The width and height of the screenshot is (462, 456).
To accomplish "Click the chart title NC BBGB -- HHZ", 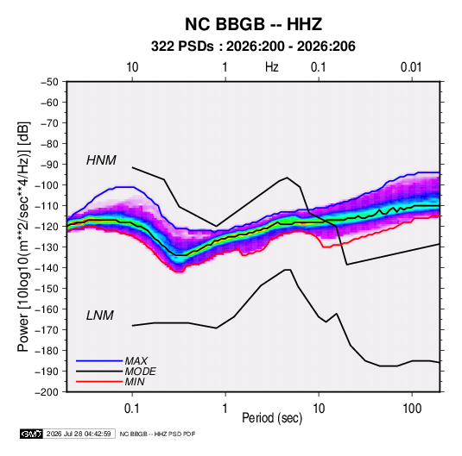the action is pyautogui.click(x=253, y=24).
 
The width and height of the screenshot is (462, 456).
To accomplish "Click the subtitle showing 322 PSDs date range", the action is pyautogui.click(x=253, y=47).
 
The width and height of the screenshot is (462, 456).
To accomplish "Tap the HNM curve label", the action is pyautogui.click(x=101, y=160).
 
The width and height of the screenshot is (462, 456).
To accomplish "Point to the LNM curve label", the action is pyautogui.click(x=100, y=315).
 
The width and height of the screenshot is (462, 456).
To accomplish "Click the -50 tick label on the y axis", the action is pyautogui.click(x=49, y=82).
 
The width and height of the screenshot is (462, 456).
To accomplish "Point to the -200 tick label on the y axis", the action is pyautogui.click(x=47, y=392).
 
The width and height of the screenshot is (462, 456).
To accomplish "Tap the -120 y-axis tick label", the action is pyautogui.click(x=47, y=227).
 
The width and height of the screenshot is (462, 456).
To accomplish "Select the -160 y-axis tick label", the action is pyautogui.click(x=47, y=309).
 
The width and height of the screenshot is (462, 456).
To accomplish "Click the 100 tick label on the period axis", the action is pyautogui.click(x=412, y=409).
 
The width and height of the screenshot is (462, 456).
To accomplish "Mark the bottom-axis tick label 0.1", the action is pyautogui.click(x=132, y=409).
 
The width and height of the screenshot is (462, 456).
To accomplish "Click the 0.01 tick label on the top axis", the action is pyautogui.click(x=411, y=67).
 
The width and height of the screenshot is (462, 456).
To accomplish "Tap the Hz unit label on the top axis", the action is pyautogui.click(x=272, y=67).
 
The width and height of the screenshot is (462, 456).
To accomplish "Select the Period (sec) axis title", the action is pyautogui.click(x=272, y=418).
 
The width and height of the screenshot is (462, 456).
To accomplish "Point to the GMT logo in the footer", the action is pyautogui.click(x=31, y=434).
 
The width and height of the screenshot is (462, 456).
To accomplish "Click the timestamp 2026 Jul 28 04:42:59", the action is pyautogui.click(x=79, y=434).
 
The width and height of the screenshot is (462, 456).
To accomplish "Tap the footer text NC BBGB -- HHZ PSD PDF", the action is pyautogui.click(x=157, y=434).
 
